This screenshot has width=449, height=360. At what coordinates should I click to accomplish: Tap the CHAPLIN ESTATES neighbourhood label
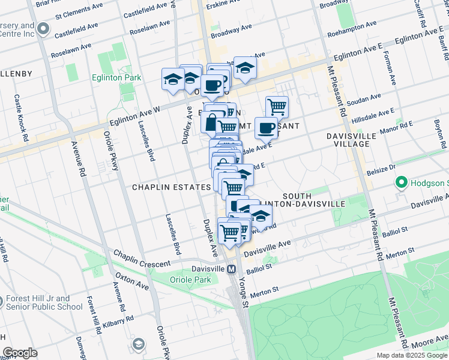pos(171,187)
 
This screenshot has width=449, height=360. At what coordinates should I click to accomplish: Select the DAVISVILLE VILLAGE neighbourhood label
pos(351,140)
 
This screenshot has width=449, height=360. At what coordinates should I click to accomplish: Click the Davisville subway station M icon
pos(231,269)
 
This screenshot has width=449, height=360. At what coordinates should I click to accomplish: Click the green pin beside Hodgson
pos(400,182)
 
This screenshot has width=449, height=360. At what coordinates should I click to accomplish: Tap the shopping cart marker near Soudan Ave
pos(277,107)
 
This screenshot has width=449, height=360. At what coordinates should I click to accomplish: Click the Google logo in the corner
pos(20,353)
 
